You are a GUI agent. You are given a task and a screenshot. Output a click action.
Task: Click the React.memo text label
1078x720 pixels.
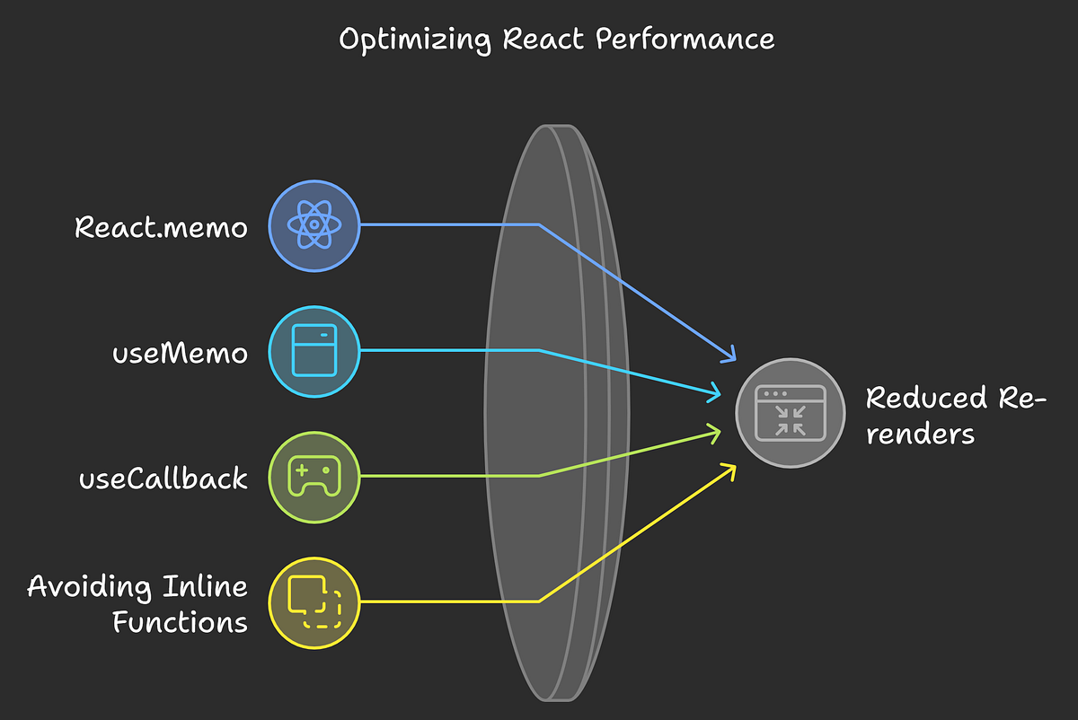coord(160,227)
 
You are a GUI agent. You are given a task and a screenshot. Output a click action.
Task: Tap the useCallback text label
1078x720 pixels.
coord(162,478)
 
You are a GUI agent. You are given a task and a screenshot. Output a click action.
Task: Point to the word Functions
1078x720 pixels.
coord(180,622)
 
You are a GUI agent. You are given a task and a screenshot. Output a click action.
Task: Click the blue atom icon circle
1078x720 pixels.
coord(314,224)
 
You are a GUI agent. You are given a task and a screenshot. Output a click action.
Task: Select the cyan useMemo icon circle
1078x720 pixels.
coord(314,350)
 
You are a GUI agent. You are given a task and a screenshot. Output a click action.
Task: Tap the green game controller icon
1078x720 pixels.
coord(314,476)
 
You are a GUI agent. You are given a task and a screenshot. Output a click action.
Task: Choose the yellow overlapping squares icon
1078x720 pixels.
coord(314,601)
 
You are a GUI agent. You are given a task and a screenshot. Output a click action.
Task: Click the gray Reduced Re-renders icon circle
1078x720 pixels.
coord(790,412)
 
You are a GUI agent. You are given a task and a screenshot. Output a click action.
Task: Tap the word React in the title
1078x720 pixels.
coord(541,40)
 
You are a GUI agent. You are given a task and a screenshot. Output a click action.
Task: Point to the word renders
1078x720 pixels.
coord(920,435)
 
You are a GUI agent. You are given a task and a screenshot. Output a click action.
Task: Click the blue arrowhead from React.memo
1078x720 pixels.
coord(730,356)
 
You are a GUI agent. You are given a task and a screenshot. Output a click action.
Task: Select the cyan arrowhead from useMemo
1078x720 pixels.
coord(715,391)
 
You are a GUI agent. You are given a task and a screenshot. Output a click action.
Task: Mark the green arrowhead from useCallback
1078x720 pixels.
coord(715,433)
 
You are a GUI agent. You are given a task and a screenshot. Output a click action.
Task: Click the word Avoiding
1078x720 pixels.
coord(89,587)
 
